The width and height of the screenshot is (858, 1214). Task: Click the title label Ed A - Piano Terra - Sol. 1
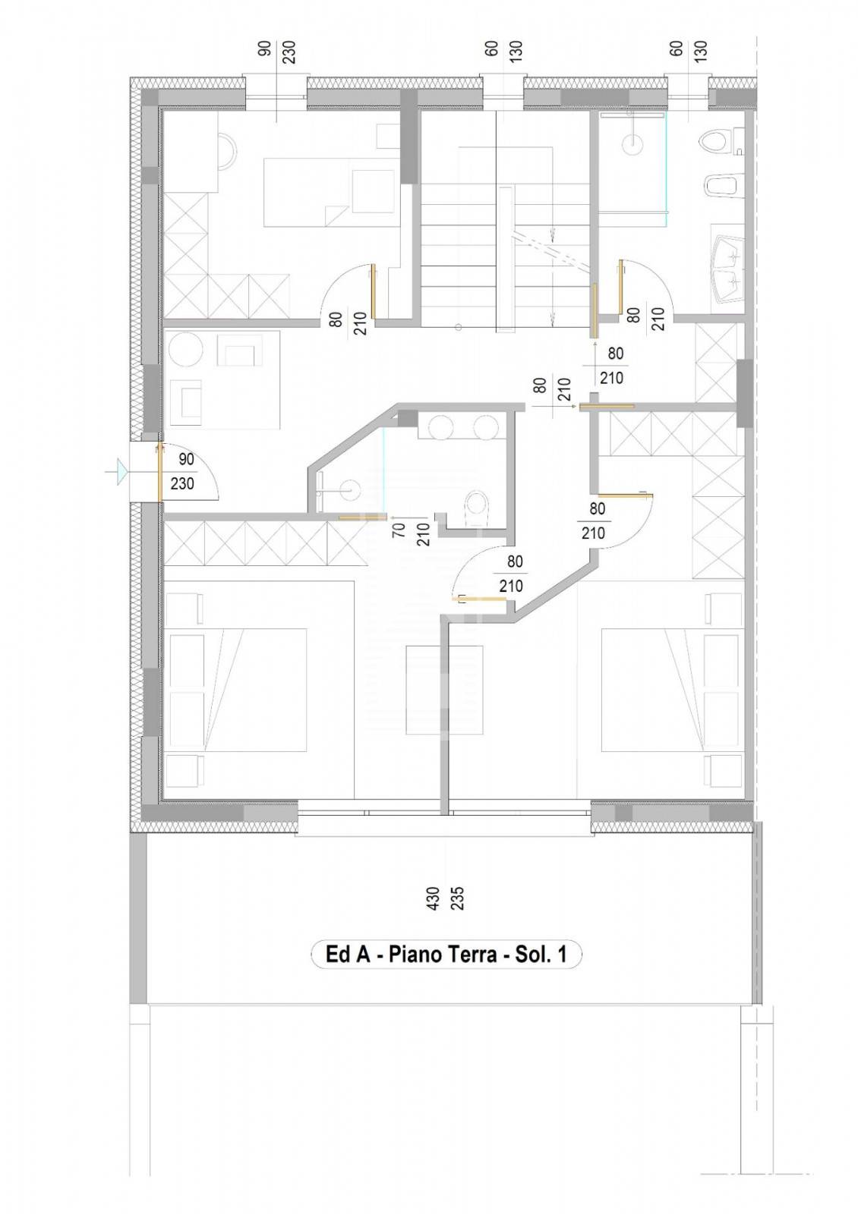tap(446, 954)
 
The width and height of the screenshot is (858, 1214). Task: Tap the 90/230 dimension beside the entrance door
tap(184, 471)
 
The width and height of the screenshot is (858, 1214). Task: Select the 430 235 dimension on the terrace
tap(444, 898)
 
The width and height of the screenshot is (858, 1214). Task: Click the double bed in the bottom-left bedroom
tap(237, 689)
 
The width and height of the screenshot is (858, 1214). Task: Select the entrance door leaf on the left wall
tap(159, 472)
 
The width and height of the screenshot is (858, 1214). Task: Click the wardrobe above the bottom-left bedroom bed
tap(265, 543)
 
